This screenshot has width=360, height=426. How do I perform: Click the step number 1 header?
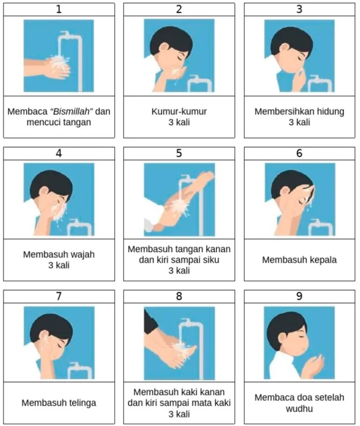coord(59,9)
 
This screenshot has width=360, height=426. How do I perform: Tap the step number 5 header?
coord(179,153)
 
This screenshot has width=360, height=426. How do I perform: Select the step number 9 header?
coord(300,296)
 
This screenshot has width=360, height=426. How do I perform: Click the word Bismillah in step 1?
coord(72,112)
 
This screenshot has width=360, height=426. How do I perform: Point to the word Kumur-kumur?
coord(179,112)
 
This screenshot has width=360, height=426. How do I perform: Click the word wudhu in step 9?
coord(299,409)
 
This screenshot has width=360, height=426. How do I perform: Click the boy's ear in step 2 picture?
coord(164,48)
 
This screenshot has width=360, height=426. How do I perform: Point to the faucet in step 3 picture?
coord(320,84)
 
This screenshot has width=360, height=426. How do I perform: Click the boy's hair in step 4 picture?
coord(51,182)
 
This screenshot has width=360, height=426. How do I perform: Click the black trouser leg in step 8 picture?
coord(150,322)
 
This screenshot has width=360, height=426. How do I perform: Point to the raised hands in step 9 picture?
coord(314,366)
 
